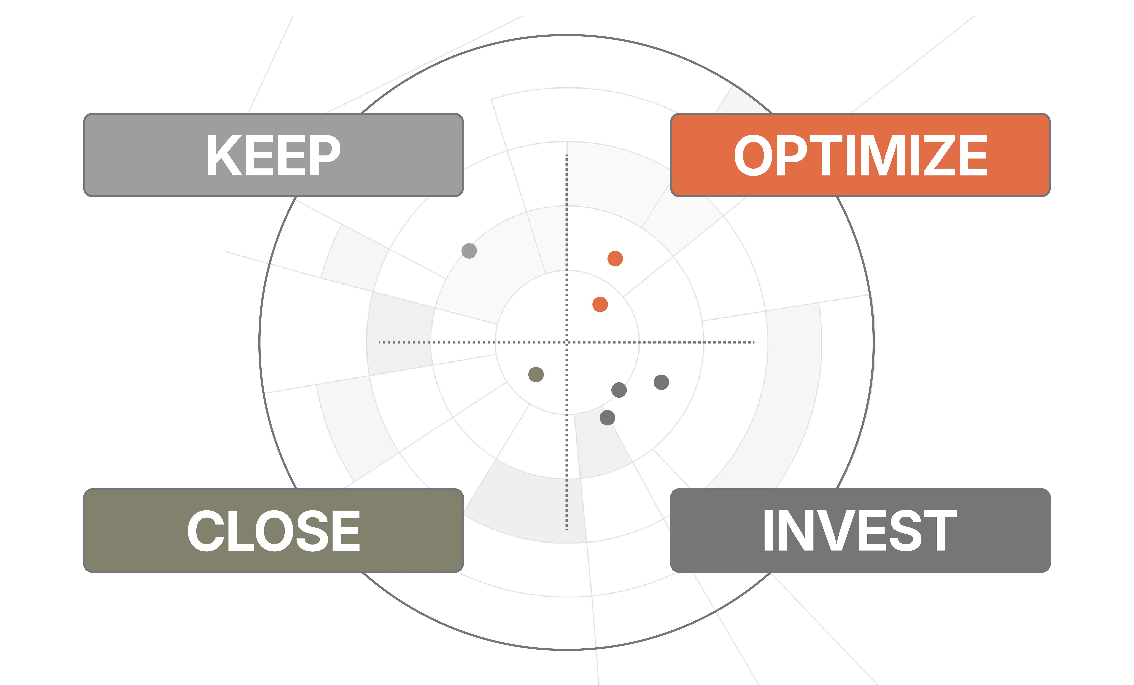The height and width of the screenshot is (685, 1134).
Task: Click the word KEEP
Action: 273,155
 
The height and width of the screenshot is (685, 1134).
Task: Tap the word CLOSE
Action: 273,531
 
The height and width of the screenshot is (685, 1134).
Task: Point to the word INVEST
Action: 860,531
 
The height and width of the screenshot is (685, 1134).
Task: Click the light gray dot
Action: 469,251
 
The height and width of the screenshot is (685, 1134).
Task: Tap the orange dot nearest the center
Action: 600,305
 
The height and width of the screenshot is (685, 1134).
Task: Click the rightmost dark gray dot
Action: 661,382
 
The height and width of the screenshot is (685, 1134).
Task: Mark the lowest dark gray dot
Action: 608,418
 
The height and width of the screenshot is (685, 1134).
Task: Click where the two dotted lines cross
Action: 567,342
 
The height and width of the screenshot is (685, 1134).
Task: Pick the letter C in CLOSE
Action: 205,531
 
